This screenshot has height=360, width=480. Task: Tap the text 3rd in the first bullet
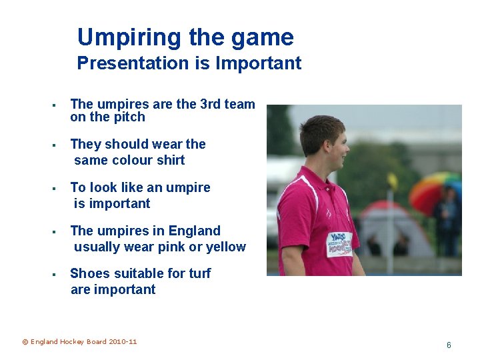tap(211, 104)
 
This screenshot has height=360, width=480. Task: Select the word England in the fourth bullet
tap(194, 231)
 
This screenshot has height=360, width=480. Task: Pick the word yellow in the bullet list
tap(226, 247)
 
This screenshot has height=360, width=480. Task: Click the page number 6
tap(449, 345)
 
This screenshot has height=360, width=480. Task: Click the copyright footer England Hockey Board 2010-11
tap(79, 342)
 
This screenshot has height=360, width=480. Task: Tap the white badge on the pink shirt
tap(339, 244)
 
